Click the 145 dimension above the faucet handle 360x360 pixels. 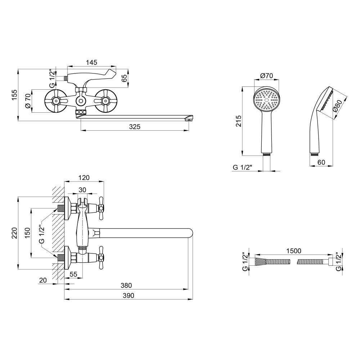pos(91,62)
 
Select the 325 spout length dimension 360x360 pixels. pos(135,126)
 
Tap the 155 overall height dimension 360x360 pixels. pos(14,95)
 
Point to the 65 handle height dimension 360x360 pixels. pos(124,78)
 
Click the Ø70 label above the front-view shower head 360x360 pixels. pos(266,75)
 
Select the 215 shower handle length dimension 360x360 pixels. pos(239,121)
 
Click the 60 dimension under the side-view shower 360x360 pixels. pos(321,162)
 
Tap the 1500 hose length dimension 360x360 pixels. pos(294,251)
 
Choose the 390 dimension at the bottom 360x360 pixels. pos(129,296)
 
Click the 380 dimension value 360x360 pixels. pos(126,285)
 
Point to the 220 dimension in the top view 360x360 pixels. pos(14,233)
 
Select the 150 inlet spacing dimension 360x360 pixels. pos(28,233)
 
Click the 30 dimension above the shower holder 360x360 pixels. pos(82,190)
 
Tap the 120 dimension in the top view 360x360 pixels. pos(84,177)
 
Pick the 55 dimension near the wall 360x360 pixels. pos(73,274)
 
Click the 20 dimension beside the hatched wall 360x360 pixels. pos(43,280)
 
